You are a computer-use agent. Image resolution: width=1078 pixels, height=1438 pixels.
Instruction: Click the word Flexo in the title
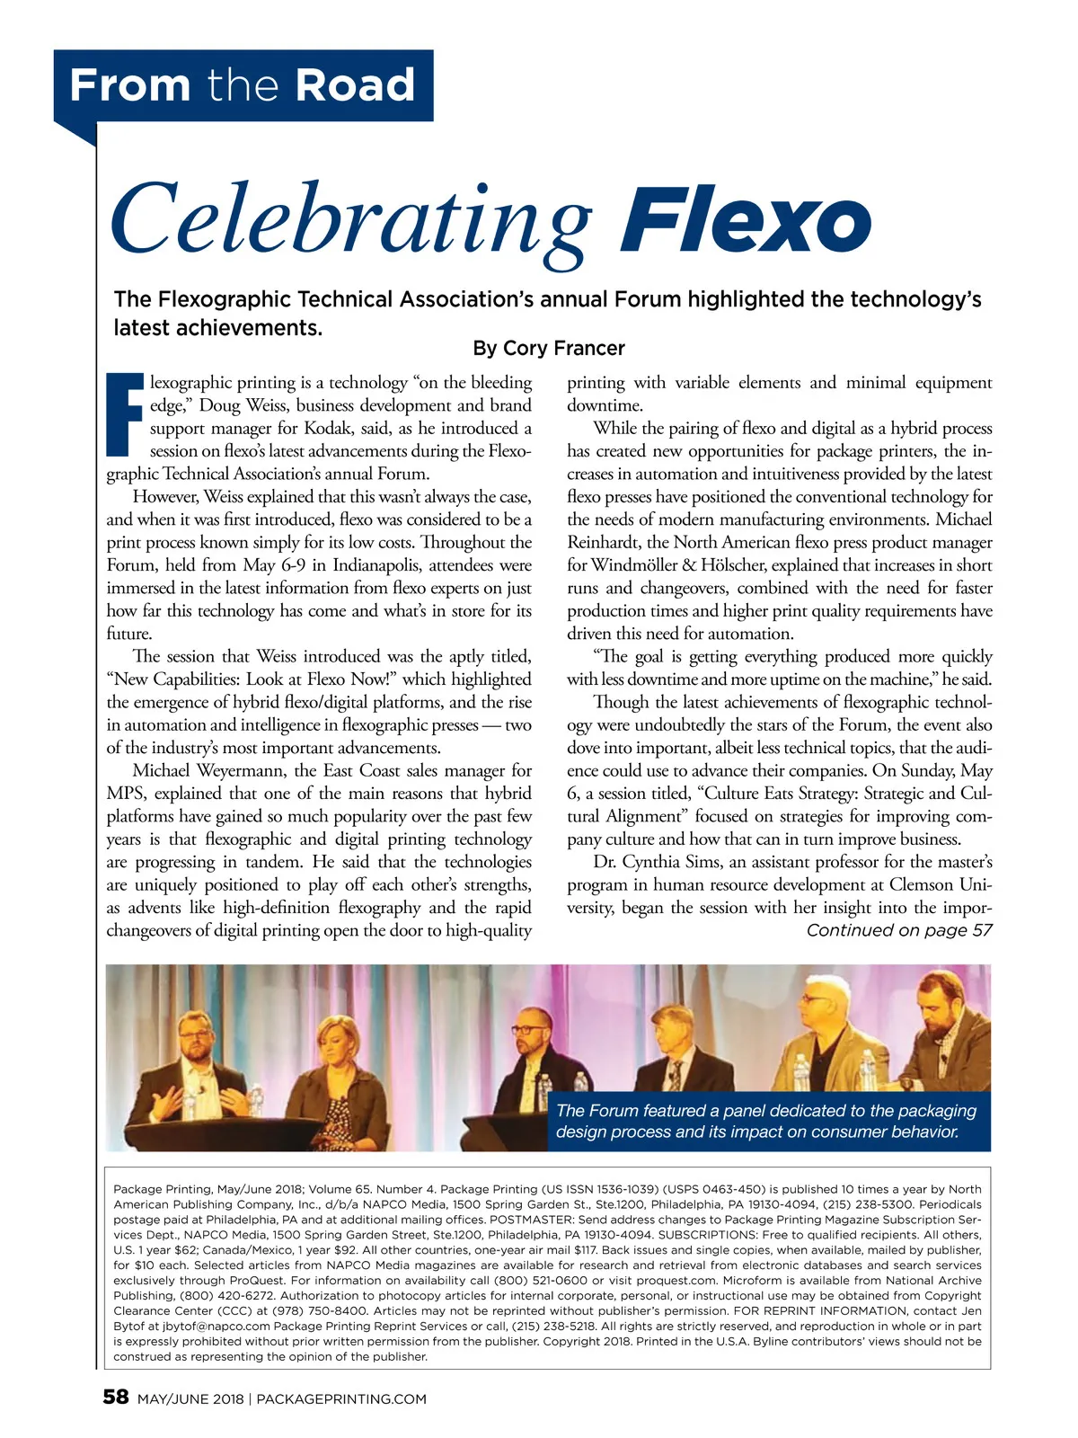pyautogui.click(x=745, y=222)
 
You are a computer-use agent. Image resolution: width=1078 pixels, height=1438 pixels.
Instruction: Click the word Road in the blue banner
pyautogui.click(x=355, y=85)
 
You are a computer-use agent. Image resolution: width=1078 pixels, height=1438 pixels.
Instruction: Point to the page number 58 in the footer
pyautogui.click(x=116, y=1397)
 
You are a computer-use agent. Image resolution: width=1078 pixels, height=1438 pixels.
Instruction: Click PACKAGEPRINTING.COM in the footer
pyautogui.click(x=341, y=1398)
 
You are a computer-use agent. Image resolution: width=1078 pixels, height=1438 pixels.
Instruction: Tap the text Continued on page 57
pyautogui.click(x=899, y=930)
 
